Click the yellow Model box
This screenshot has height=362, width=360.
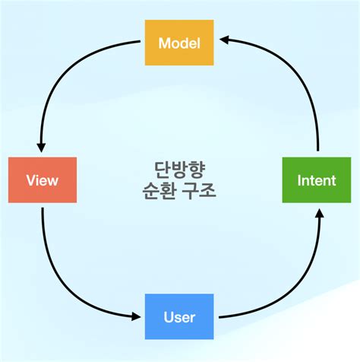coord(179,43)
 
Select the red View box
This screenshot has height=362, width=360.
coord(42,180)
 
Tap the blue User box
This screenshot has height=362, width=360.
coord(179,316)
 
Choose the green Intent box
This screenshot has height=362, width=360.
coord(317,180)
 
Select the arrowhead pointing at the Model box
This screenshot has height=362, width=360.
coord(223,43)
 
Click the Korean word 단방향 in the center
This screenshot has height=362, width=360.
coord(179,169)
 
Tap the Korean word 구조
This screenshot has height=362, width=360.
coord(201,190)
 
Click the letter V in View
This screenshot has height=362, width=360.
coord(30,181)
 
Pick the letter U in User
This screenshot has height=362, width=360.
coord(167,316)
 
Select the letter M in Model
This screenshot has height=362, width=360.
coord(163,43)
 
